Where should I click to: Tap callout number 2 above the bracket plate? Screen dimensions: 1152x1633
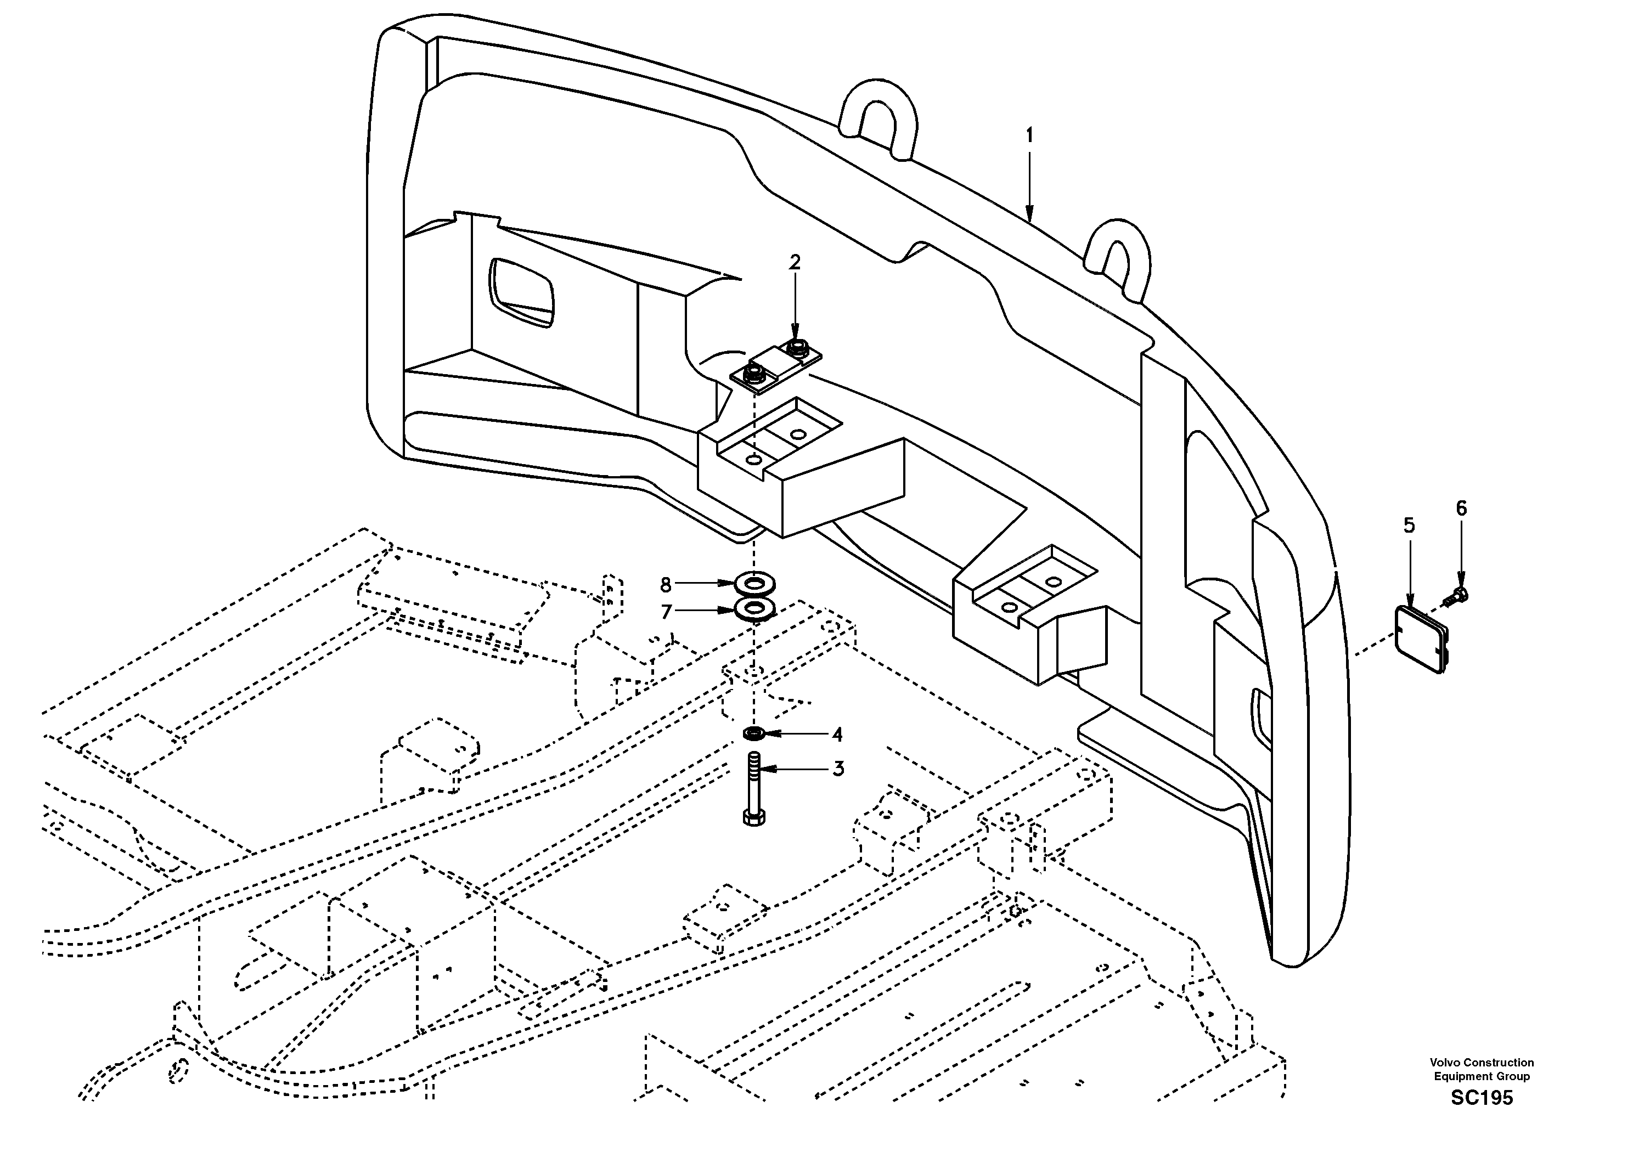(x=795, y=262)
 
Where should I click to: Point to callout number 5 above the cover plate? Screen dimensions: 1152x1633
(x=1409, y=526)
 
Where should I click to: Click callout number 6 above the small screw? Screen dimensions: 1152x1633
(x=1461, y=508)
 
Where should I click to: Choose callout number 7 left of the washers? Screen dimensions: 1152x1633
(x=666, y=612)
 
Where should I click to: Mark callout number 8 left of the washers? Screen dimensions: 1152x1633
(x=666, y=585)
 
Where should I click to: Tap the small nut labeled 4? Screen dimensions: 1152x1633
(x=754, y=732)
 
